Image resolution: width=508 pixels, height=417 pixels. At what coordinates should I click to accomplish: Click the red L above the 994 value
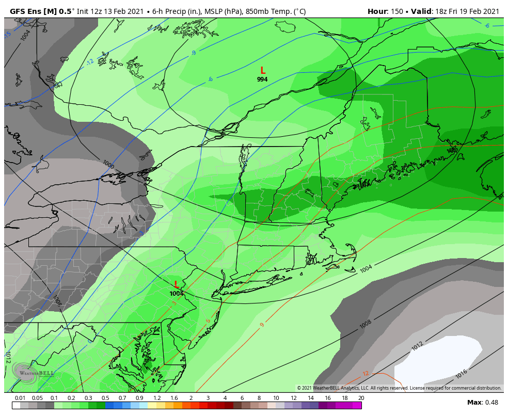(263, 71)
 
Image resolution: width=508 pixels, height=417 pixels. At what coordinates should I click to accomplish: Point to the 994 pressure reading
(262, 79)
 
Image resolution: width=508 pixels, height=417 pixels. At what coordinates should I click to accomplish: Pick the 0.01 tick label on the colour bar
(21, 398)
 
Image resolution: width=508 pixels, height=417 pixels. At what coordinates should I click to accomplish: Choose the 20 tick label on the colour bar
(361, 398)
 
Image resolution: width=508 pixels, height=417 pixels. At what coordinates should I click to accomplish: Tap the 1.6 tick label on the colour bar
(174, 398)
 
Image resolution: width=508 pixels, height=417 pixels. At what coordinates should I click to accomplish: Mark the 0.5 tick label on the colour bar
(105, 398)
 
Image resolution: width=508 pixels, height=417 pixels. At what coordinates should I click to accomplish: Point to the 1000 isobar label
(108, 164)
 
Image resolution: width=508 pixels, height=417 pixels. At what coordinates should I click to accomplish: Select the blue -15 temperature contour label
(7, 35)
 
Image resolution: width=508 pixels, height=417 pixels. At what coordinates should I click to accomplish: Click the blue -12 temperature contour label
(90, 62)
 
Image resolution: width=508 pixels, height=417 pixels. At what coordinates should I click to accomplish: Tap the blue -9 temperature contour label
(194, 53)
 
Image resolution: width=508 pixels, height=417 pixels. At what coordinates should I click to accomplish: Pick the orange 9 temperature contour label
(262, 325)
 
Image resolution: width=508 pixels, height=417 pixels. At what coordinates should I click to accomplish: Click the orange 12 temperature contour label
(366, 374)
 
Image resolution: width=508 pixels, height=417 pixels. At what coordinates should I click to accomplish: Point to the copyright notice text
(399, 388)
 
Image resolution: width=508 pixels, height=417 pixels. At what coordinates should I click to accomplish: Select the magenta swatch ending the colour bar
(357, 406)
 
